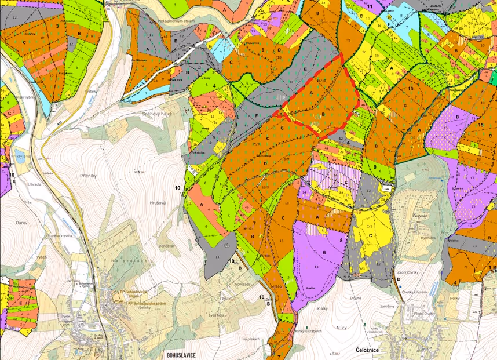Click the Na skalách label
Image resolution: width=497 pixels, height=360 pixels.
(253, 339)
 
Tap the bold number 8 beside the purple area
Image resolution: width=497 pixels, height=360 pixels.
(341, 238)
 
